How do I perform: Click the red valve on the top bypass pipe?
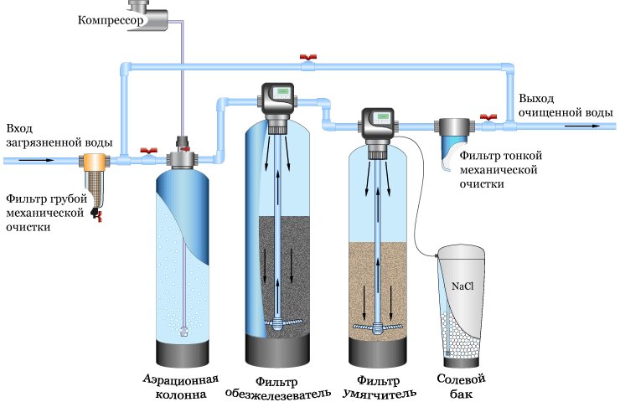pyautogui.click(x=308, y=59)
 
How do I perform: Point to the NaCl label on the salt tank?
pyautogui.click(x=463, y=286)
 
